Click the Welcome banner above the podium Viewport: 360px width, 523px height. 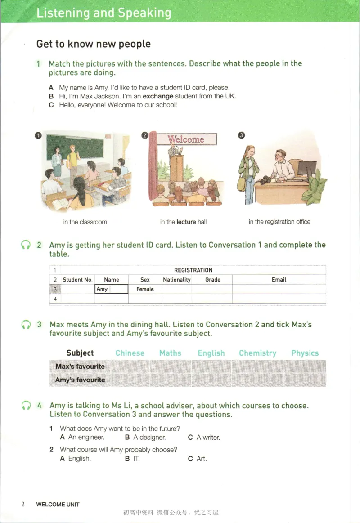tap(187, 139)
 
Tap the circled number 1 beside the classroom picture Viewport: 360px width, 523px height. tap(38, 135)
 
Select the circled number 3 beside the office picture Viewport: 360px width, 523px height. tap(241, 135)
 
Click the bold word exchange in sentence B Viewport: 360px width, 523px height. tap(158, 96)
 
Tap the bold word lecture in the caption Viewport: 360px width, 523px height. tap(186, 222)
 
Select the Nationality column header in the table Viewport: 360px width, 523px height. tap(177, 280)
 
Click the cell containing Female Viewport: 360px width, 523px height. tap(145, 289)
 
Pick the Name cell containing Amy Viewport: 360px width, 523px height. tap(112, 289)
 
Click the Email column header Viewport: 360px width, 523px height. tap(279, 280)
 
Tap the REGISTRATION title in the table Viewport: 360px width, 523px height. tap(193, 270)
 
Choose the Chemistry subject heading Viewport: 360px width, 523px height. tap(257, 353)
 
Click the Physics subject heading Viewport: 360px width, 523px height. tap(305, 353)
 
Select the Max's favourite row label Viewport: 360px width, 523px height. tap(80, 366)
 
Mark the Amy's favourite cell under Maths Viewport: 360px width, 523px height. tap(171, 380)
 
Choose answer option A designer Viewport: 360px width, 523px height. tap(145, 437)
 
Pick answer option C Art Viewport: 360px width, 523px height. tap(197, 459)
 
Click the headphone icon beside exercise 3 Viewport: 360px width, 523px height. tap(26, 325)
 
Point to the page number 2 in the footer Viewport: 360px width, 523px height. tap(22, 504)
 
